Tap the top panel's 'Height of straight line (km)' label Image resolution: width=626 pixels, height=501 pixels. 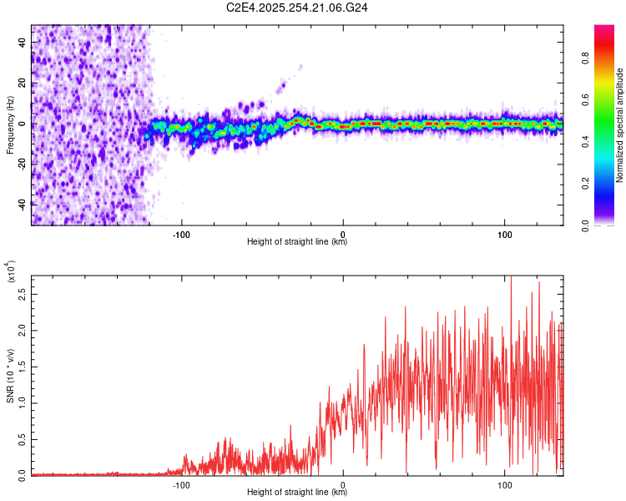pyautogui.click(x=297, y=241)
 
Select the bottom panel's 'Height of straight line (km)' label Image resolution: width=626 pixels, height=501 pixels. pyautogui.click(x=297, y=492)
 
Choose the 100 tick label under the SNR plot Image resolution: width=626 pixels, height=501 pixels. pyautogui.click(x=504, y=483)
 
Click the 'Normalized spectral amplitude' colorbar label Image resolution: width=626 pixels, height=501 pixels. pyautogui.click(x=620, y=124)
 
